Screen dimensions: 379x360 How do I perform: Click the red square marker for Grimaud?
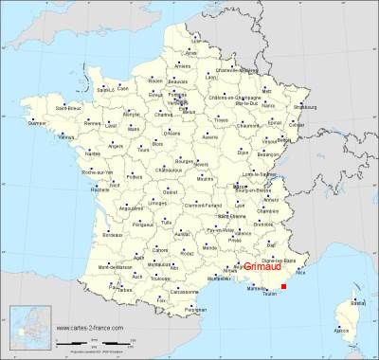click(283, 273)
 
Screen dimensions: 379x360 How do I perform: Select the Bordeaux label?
click(114, 233)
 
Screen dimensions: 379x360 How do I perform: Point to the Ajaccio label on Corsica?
click(341, 331)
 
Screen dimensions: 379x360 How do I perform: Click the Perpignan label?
click(195, 309)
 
